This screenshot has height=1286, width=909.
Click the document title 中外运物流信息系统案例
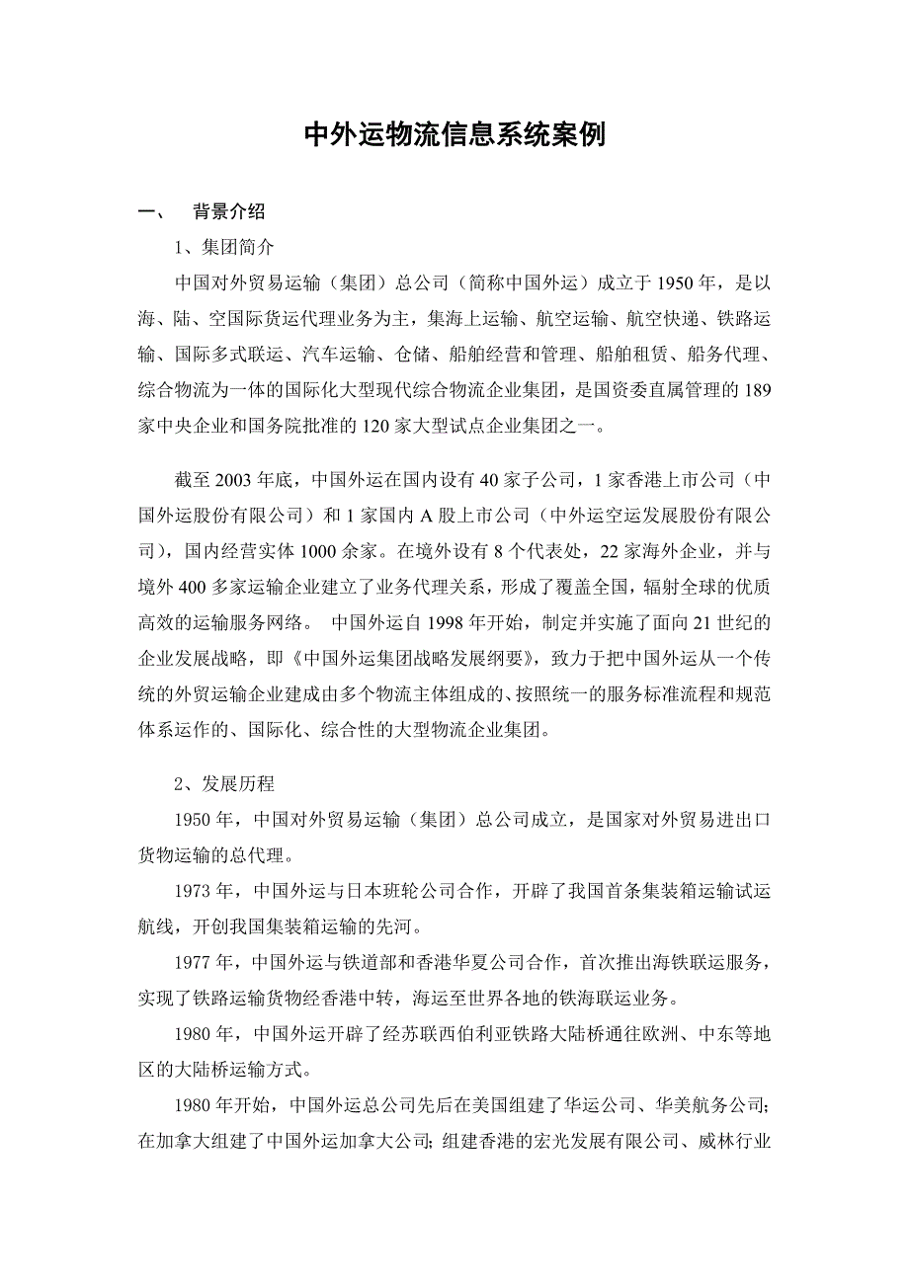click(x=454, y=135)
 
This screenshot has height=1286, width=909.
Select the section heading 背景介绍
click(x=228, y=211)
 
